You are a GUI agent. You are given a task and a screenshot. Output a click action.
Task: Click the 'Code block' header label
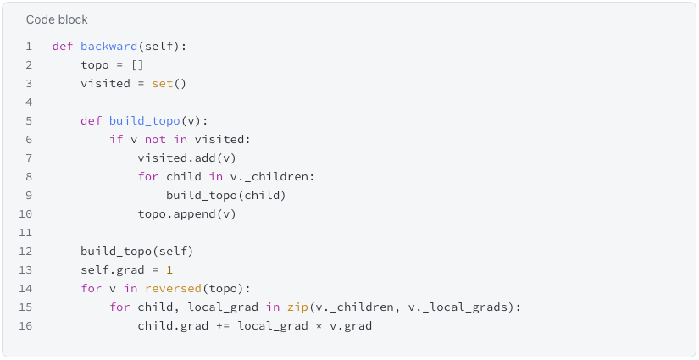pyautogui.click(x=57, y=19)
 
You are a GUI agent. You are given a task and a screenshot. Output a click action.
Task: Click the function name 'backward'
pyautogui.click(x=108, y=47)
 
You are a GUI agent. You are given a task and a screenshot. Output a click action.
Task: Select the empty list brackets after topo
pyautogui.click(x=137, y=65)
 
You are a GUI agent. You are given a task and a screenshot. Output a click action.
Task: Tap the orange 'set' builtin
pyautogui.click(x=163, y=84)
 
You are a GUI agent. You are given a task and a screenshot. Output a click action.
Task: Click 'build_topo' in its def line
pyautogui.click(x=144, y=121)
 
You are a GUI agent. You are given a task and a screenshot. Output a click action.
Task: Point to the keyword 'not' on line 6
pyautogui.click(x=155, y=140)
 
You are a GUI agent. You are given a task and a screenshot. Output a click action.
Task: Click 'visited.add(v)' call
pyautogui.click(x=186, y=158)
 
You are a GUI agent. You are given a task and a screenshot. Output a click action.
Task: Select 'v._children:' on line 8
pyautogui.click(x=272, y=177)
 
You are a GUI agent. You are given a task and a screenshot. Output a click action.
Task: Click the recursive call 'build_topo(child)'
pyautogui.click(x=226, y=196)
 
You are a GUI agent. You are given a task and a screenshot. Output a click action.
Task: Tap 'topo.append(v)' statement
pyautogui.click(x=186, y=214)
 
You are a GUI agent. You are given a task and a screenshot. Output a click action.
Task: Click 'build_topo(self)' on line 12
pyautogui.click(x=137, y=252)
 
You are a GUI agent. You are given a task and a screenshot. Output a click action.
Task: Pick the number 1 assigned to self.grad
pyautogui.click(x=169, y=270)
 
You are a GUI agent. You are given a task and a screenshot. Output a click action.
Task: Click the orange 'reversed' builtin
pyautogui.click(x=173, y=289)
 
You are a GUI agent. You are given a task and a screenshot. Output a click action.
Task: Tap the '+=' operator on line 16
pyautogui.click(x=223, y=326)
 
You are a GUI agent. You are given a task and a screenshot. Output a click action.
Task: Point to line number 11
pyautogui.click(x=26, y=233)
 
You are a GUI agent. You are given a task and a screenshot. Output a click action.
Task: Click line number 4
pyautogui.click(x=29, y=102)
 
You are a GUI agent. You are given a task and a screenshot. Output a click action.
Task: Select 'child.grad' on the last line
pyautogui.click(x=173, y=326)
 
